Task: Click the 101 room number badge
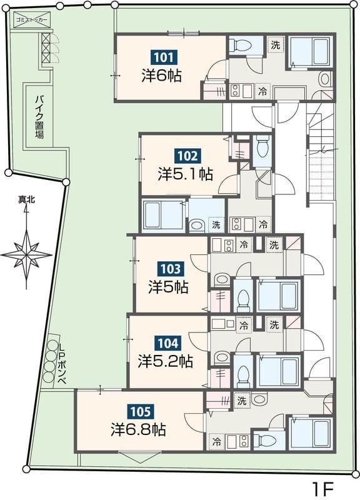[164, 57]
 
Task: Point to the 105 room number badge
[140, 411]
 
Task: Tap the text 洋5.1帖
[186, 174]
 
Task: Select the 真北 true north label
[26, 200]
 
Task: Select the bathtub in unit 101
[310, 51]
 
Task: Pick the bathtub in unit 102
[163, 215]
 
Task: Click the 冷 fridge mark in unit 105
[217, 442]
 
